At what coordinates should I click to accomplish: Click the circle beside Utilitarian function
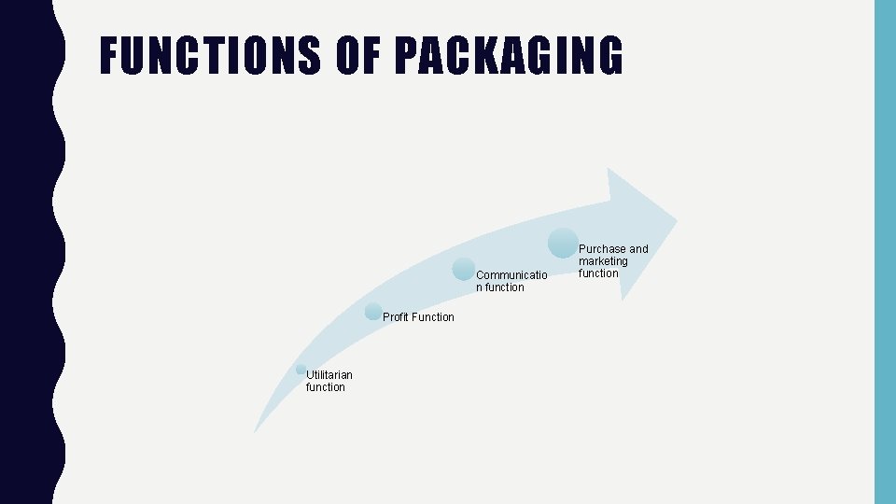[x=301, y=370]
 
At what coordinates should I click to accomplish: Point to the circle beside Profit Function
[x=373, y=311]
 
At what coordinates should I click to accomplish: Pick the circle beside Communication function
[x=464, y=269]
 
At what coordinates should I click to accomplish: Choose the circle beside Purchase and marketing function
[x=563, y=243]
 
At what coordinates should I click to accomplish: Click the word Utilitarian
[x=329, y=375]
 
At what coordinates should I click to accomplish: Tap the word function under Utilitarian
[x=325, y=387]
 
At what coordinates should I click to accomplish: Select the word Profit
[x=395, y=317]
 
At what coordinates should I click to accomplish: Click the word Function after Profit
[x=433, y=317]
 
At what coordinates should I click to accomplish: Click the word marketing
[x=603, y=261]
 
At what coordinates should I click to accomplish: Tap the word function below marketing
[x=598, y=273]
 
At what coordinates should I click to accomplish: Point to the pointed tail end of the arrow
[x=256, y=430]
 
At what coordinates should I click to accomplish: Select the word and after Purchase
[x=638, y=249]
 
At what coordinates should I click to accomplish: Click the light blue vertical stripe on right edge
[x=884, y=252]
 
